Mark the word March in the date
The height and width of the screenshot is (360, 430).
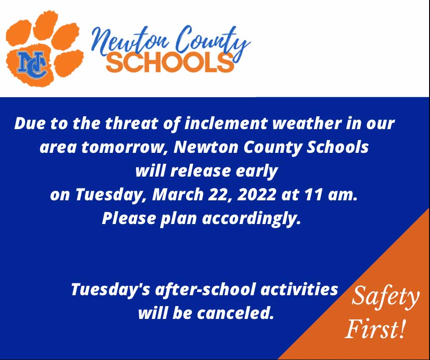[x=176, y=195]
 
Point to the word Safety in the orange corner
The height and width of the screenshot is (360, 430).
[x=385, y=297]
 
